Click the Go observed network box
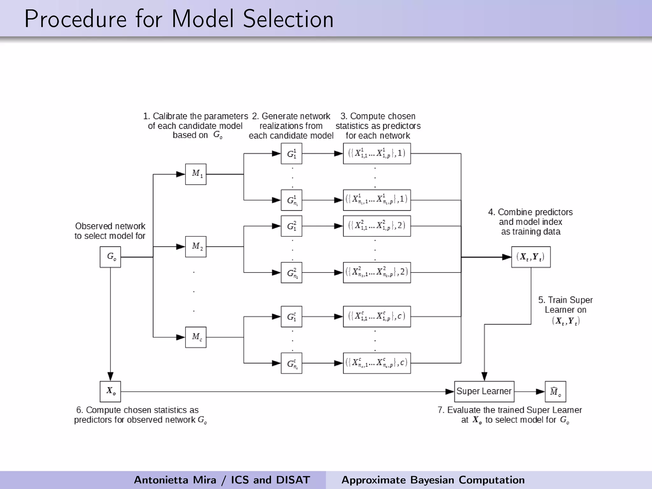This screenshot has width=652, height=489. (110, 257)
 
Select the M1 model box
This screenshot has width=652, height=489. (196, 174)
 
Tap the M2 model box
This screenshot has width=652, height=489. (196, 247)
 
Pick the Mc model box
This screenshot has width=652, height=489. (196, 337)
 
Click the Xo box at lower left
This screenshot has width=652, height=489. (110, 392)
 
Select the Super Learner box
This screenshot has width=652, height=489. (484, 392)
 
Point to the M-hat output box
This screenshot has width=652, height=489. (555, 392)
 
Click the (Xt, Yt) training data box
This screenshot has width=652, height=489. (531, 257)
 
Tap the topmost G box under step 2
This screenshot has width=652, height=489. (291, 153)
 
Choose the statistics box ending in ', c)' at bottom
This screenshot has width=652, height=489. (377, 363)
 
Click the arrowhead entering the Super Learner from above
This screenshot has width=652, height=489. (484, 377)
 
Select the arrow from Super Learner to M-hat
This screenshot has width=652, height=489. (530, 392)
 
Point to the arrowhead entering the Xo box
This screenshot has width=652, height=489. (110, 377)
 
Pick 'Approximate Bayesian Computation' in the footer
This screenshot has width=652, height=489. (433, 480)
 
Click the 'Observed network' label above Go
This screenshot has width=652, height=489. (110, 226)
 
